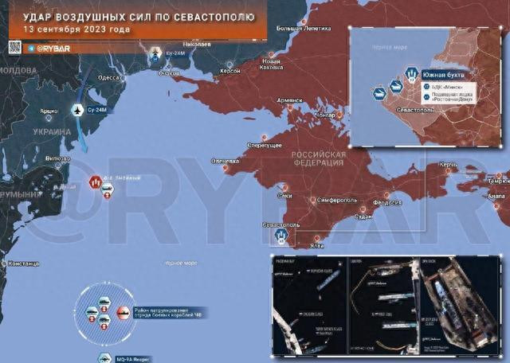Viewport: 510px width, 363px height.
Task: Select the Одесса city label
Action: click(108, 78)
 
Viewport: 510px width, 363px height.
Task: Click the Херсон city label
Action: click(230, 71)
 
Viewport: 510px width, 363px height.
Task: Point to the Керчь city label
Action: click(448, 166)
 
